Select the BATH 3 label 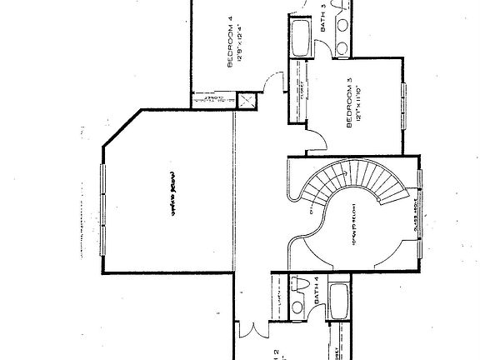(324, 17)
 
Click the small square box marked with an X (247, 102)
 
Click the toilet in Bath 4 (297, 307)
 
